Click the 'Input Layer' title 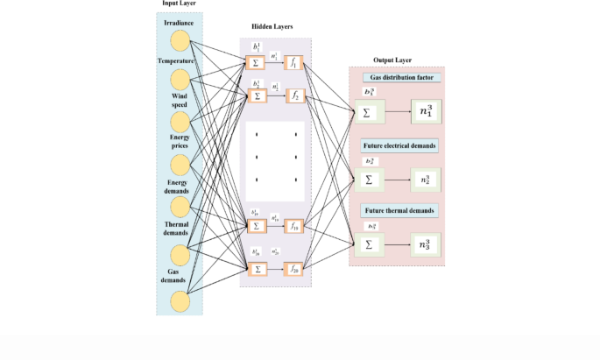tap(180, 4)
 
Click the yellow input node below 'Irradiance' tap(180, 40)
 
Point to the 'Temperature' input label tap(177, 60)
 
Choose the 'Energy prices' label tap(178, 142)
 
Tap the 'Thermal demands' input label tap(178, 229)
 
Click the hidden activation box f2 tap(295, 95)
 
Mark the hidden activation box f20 tap(295, 268)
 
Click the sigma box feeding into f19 tap(257, 226)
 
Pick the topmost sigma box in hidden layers tap(257, 62)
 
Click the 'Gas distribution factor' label tap(399, 77)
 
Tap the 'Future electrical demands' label tap(399, 145)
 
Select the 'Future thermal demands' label tap(399, 211)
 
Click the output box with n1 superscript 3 tap(426, 112)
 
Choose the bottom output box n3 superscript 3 tap(426, 244)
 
